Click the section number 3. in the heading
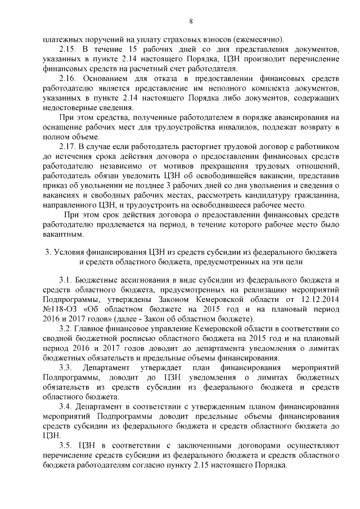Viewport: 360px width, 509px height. (48, 251)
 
